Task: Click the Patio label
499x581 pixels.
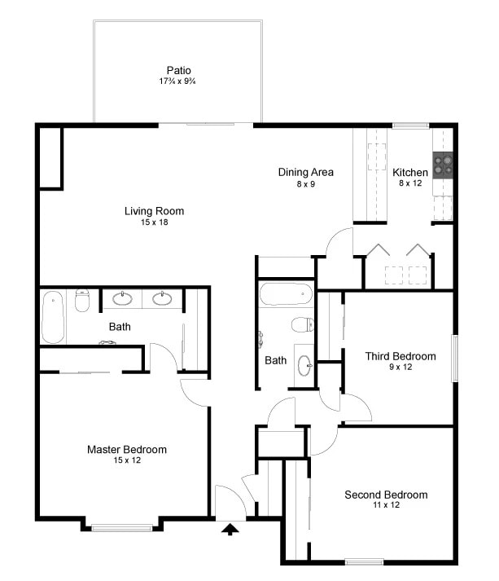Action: click(x=177, y=70)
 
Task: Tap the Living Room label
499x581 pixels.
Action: click(x=154, y=211)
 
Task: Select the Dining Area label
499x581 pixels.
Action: click(x=305, y=172)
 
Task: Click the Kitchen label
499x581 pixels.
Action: click(x=409, y=173)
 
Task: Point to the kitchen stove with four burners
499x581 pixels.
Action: click(x=443, y=165)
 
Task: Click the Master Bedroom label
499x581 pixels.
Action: click(x=127, y=450)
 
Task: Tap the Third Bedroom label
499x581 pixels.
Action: click(x=400, y=356)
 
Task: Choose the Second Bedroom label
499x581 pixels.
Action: click(x=386, y=495)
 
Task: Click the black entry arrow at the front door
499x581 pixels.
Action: click(x=230, y=530)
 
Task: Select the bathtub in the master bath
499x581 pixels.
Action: click(x=52, y=317)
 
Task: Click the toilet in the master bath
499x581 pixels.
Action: click(x=81, y=302)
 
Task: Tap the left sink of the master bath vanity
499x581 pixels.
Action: click(x=122, y=298)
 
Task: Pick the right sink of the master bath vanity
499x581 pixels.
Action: click(x=163, y=298)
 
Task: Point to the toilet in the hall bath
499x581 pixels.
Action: click(x=302, y=325)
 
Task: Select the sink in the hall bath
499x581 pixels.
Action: click(x=303, y=364)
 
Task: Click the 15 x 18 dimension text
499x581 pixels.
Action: click(x=154, y=222)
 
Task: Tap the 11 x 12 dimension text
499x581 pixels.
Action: click(x=386, y=505)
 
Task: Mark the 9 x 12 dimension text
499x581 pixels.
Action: click(x=400, y=367)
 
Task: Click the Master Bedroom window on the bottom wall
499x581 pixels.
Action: click(x=121, y=528)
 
